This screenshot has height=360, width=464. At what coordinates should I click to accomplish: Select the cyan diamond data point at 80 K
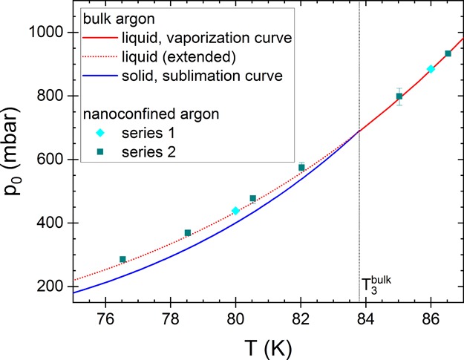[x=236, y=211]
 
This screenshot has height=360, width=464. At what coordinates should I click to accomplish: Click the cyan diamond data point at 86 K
[x=431, y=69]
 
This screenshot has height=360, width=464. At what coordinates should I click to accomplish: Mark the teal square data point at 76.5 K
[x=122, y=260]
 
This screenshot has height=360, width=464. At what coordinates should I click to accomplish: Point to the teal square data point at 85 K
[x=399, y=96]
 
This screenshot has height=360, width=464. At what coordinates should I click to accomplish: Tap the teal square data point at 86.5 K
[x=448, y=53]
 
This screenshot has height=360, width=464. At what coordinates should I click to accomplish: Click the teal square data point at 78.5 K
[x=188, y=233]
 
